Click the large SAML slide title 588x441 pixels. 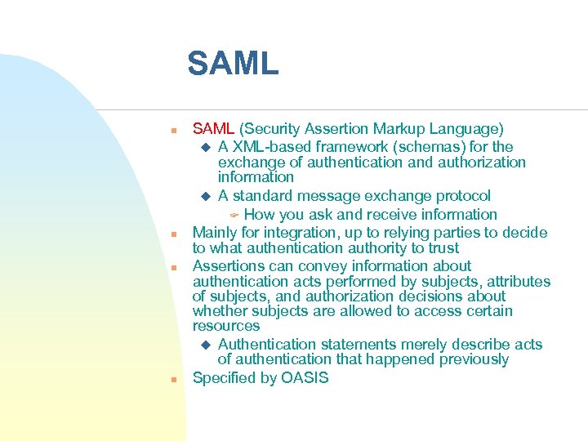[233, 64]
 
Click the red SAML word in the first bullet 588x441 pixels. [213, 129]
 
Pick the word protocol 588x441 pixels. [462, 196]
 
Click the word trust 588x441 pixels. [443, 248]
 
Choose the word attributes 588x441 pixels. [519, 282]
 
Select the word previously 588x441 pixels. [473, 359]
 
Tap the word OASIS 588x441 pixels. [305, 378]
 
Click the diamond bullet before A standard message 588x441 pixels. [206, 196]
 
